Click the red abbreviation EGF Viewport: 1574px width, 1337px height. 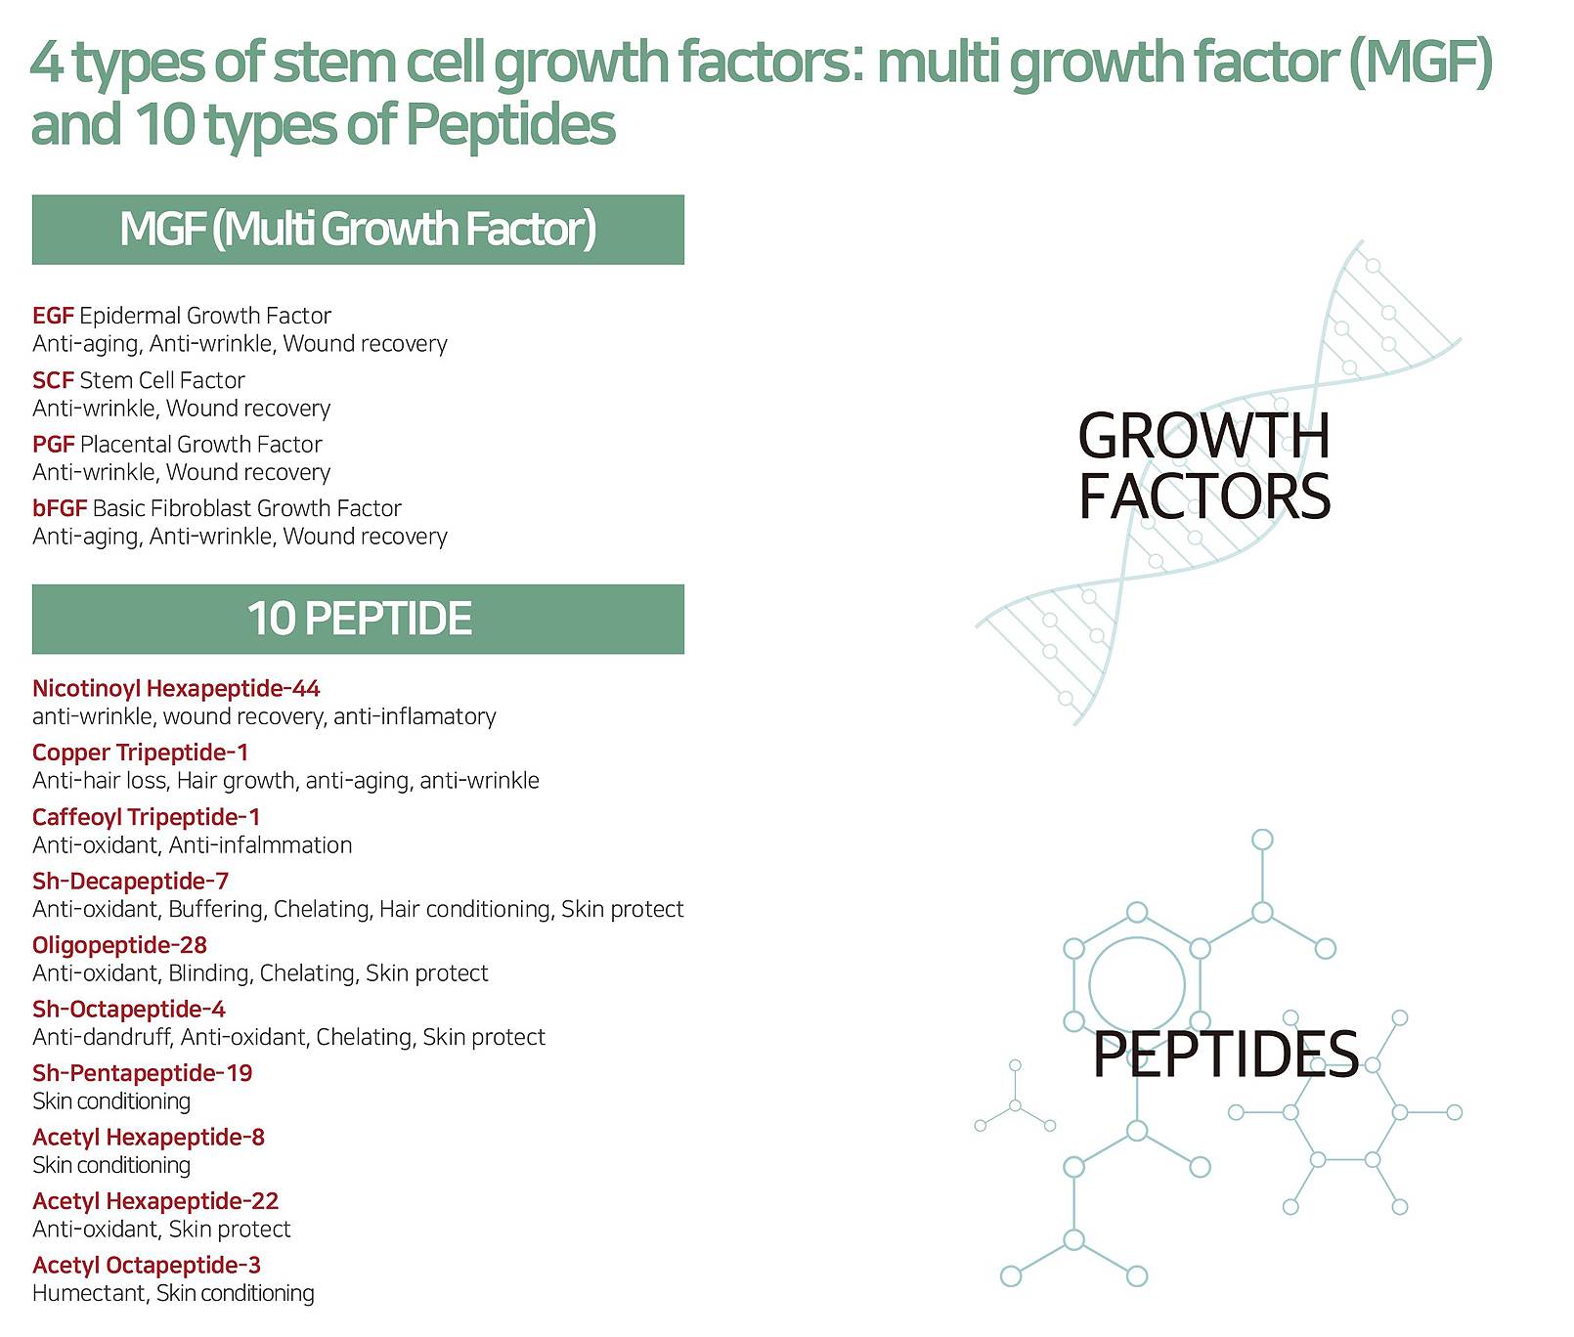53,316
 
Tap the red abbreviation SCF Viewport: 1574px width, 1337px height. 53,380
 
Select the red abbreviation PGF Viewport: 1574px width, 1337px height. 53,445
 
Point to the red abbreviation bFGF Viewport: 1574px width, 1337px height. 60,508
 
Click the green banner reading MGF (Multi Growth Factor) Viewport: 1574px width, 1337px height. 358,230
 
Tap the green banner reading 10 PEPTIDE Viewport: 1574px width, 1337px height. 358,619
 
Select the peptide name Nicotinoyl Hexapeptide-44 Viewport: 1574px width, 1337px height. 176,689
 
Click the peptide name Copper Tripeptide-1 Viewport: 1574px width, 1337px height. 140,753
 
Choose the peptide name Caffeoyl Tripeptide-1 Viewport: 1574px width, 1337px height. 146,817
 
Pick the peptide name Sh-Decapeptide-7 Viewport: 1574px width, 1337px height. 130,882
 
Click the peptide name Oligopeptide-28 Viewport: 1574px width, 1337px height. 119,945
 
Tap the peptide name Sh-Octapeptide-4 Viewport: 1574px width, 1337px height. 128,1009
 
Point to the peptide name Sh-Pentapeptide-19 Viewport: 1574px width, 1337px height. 142,1073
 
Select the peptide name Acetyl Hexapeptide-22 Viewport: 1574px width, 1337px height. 155,1201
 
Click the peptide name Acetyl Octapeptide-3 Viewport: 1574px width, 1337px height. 147,1266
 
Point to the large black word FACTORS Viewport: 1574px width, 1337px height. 1204,496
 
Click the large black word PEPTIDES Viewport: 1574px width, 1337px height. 1226,1054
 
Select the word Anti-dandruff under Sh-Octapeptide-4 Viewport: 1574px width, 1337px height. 103,1037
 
